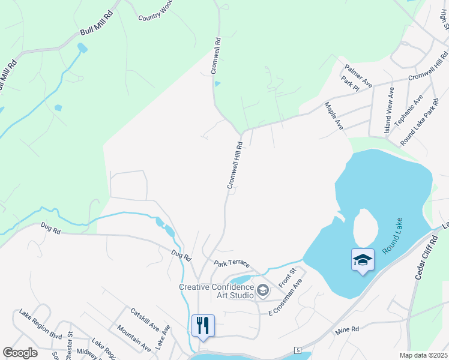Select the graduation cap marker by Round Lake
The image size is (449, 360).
(x=363, y=260)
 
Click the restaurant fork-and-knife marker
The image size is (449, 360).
(x=203, y=326)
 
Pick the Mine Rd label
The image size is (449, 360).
(x=347, y=329)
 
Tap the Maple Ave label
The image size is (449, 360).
(x=334, y=116)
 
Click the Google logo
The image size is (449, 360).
(x=20, y=353)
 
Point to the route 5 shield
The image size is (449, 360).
(x=297, y=350)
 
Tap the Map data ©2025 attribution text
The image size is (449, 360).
(x=424, y=355)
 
